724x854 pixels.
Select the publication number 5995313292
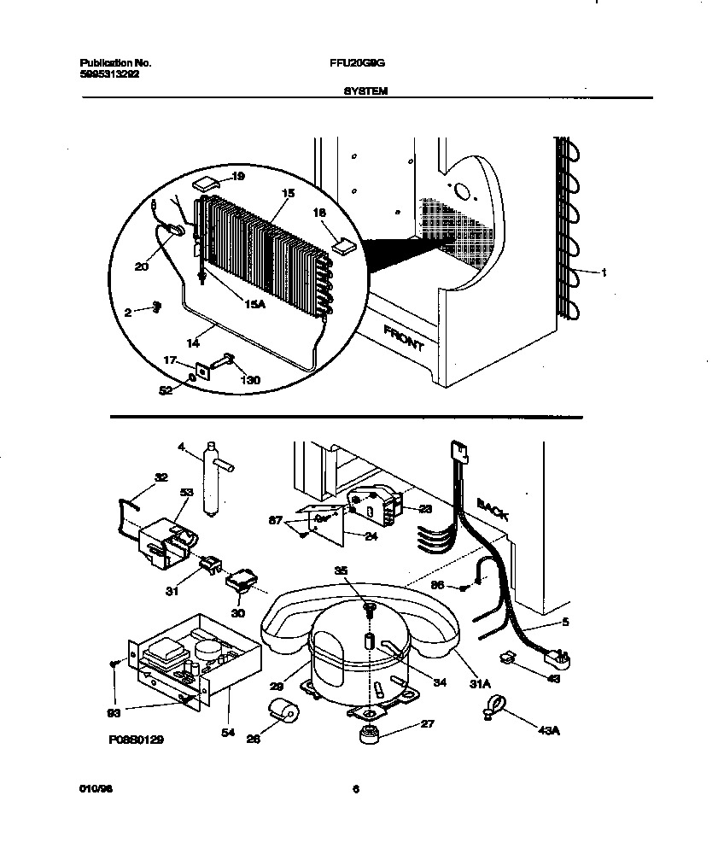(109, 74)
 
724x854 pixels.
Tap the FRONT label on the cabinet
(403, 337)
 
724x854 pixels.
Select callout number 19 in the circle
(238, 177)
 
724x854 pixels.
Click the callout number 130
(250, 380)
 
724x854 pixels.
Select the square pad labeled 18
(345, 246)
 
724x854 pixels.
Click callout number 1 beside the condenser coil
(604, 273)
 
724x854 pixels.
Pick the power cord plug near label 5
(558, 658)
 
